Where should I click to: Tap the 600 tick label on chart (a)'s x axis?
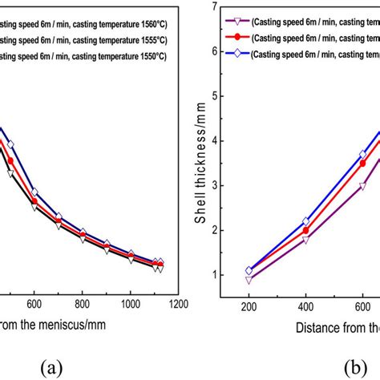tap(34, 305)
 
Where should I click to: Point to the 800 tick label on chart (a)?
tap(83, 305)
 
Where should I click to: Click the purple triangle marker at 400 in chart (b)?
tap(305, 240)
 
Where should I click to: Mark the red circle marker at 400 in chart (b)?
tap(305, 230)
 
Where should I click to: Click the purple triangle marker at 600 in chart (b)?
tap(362, 186)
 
